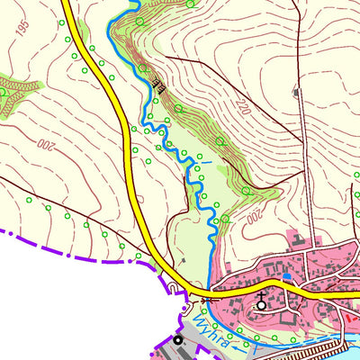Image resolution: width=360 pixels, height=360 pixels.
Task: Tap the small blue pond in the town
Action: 286,276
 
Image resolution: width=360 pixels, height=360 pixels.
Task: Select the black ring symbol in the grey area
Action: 178,340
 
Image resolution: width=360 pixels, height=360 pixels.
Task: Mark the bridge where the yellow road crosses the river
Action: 207,297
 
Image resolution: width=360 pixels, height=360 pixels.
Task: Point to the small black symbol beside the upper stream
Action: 158,86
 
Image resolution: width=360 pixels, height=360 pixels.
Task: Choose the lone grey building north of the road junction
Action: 183,261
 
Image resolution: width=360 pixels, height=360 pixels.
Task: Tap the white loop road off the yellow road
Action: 174,288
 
